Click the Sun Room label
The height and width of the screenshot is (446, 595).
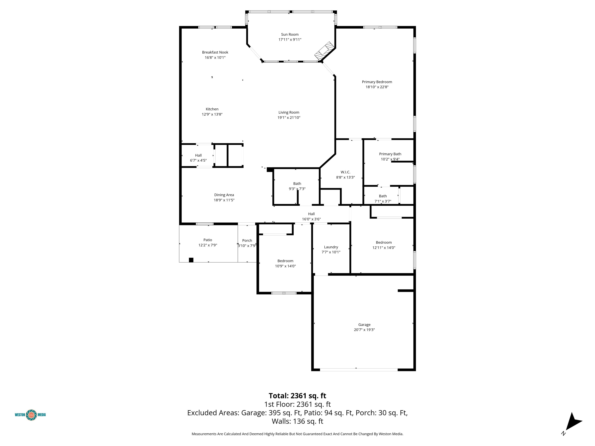click(290, 34)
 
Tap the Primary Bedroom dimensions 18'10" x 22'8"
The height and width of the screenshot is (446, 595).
click(377, 87)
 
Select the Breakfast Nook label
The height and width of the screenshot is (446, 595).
click(215, 52)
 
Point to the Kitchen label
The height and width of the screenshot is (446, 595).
click(212, 109)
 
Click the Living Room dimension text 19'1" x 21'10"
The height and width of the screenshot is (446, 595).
click(289, 118)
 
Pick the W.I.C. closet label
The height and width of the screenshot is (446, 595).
click(345, 172)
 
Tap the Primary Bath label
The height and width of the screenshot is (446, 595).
click(390, 154)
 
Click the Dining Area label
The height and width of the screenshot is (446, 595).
click(224, 195)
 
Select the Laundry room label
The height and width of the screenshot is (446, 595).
click(331, 247)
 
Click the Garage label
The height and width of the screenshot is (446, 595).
click(364, 325)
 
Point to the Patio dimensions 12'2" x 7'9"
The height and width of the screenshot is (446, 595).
click(208, 245)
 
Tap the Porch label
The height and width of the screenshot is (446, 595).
click(247, 241)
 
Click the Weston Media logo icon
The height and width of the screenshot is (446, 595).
click(31, 415)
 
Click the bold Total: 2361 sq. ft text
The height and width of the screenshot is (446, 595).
click(297, 396)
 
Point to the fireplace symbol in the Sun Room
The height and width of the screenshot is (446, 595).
click(325, 51)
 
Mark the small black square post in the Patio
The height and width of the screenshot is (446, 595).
click(191, 260)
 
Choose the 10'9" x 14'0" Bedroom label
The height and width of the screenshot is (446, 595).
click(285, 261)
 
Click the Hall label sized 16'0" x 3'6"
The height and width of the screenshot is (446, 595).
click(311, 214)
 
